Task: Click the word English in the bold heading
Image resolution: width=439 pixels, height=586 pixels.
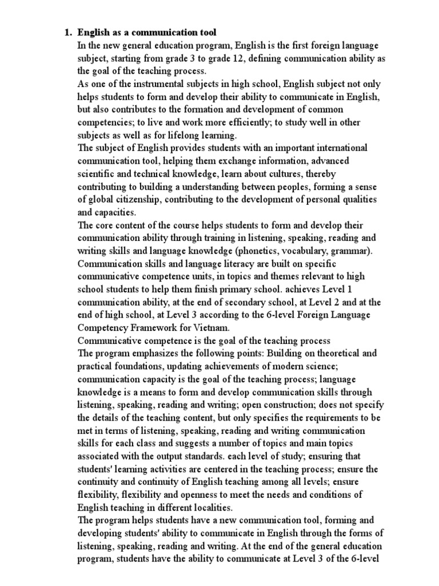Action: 93,32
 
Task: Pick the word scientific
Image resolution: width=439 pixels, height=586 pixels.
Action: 97,173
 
